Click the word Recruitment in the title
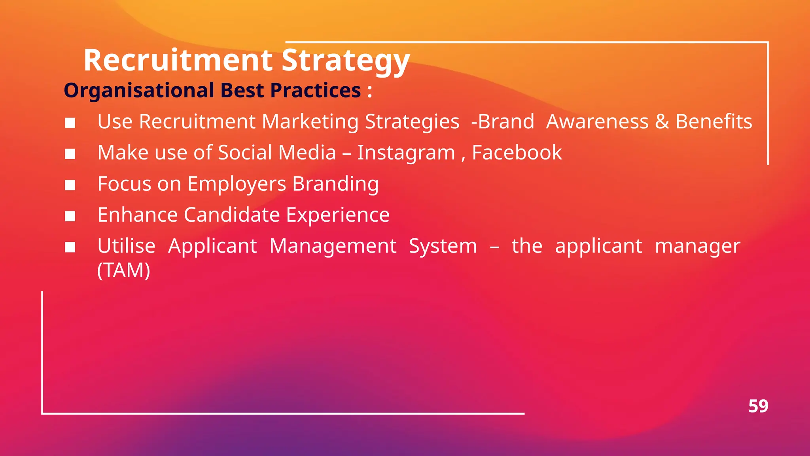coord(178,60)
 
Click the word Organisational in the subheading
coord(139,90)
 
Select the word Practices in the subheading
coord(315,90)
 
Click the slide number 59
coord(758,406)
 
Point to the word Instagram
coord(406,153)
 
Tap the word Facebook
coord(517,153)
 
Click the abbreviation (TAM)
coord(124,270)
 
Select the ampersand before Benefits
coord(662,122)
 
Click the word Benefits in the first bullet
coord(713,122)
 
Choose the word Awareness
coord(597,122)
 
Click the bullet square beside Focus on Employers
coord(70,185)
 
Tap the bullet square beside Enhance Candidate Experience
coord(70,216)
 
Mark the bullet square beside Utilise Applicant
coord(70,247)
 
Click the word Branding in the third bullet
coord(335,184)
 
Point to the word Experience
coord(338,215)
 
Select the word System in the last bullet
coord(443,246)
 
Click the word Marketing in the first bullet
coord(310,122)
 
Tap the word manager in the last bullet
coord(697,246)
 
